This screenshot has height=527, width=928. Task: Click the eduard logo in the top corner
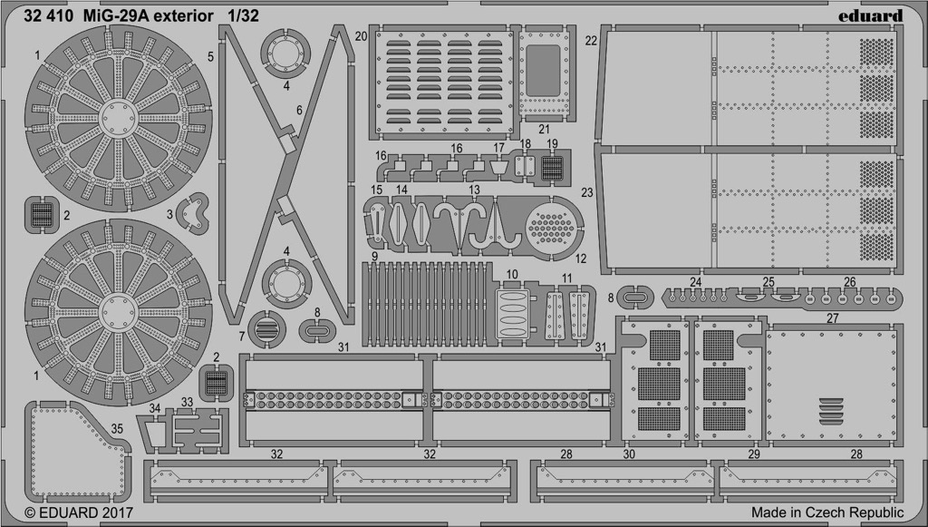tap(870, 16)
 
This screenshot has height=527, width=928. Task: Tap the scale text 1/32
tap(243, 16)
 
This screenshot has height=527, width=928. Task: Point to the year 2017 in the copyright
tap(117, 512)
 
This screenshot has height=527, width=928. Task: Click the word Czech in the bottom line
tap(826, 512)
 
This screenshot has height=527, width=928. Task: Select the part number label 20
tap(361, 36)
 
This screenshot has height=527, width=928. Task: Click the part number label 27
tap(833, 318)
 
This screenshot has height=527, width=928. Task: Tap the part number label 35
tap(117, 428)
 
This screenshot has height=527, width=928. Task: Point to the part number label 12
tap(581, 259)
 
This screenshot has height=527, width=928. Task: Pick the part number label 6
tap(299, 110)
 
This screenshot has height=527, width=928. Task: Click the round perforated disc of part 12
tap(552, 228)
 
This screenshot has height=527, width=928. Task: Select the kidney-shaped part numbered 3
tap(194, 214)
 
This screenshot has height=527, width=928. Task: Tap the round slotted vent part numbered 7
tap(266, 329)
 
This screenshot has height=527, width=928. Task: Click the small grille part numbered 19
tap(552, 168)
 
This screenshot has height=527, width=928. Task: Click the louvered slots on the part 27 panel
tap(832, 411)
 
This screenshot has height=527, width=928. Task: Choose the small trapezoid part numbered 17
tap(499, 167)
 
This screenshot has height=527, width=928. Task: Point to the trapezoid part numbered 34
tap(156, 434)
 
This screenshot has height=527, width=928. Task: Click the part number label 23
tap(587, 193)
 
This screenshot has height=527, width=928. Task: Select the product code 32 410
tap(49, 16)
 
